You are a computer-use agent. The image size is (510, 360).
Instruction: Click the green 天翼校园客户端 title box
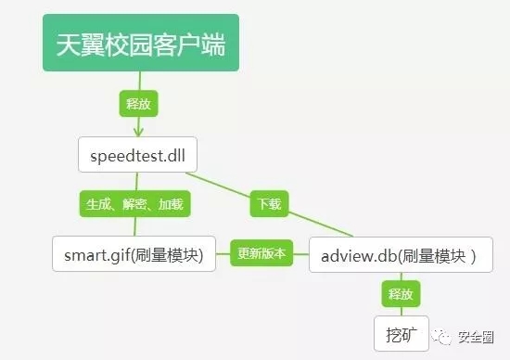(140, 43)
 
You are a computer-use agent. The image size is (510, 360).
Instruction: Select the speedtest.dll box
(138, 155)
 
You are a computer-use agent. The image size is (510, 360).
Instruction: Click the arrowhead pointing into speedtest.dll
(138, 132)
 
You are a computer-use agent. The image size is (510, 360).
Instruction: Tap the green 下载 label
(269, 203)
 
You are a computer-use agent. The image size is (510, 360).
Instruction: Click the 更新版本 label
(262, 252)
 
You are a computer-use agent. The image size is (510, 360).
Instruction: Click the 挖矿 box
(402, 333)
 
